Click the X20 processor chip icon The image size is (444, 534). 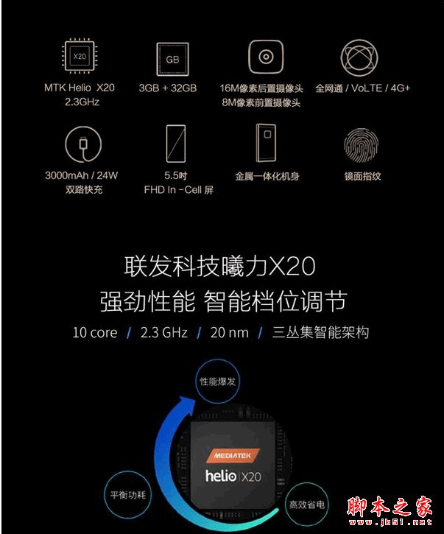click(x=80, y=56)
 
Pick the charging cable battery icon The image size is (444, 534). click(x=80, y=144)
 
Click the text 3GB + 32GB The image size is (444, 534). click(x=168, y=88)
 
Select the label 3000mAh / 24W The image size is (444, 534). click(x=81, y=177)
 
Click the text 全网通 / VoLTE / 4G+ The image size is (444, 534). click(x=362, y=88)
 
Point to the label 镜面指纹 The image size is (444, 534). click(x=362, y=177)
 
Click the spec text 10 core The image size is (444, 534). click(x=94, y=333)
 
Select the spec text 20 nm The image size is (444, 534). click(x=229, y=333)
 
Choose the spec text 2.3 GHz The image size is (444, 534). click(x=163, y=333)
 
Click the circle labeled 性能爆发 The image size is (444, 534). click(x=218, y=382)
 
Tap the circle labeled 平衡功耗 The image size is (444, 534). click(x=127, y=494)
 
